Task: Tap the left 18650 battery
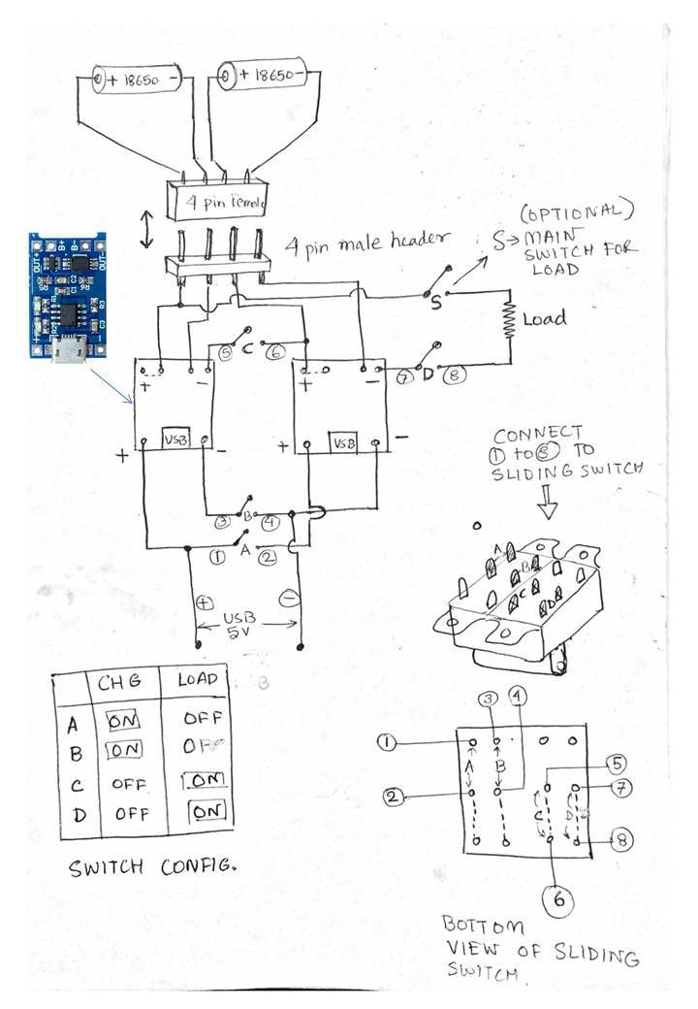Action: [x=137, y=78]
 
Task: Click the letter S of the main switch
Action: [x=436, y=303]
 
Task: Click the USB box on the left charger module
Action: [x=175, y=438]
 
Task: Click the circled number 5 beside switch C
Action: [x=225, y=353]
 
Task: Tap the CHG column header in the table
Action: [x=119, y=683]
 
